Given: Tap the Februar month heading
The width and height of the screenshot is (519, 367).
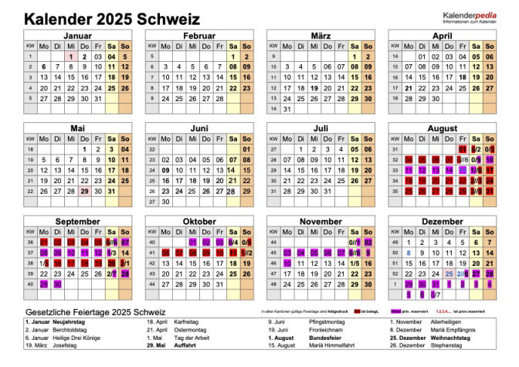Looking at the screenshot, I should (198, 36).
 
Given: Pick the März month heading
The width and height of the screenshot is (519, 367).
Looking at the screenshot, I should (321, 36).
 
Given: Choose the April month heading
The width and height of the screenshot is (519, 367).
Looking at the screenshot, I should (442, 36).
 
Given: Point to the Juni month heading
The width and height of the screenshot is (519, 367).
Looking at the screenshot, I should (198, 127).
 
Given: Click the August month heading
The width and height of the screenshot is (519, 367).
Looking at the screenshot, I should (442, 127).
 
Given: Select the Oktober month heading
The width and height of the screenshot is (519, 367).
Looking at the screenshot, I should (198, 221).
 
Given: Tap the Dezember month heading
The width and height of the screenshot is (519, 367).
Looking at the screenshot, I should (442, 221).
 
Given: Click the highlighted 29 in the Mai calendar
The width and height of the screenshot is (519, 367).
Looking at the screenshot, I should (84, 191).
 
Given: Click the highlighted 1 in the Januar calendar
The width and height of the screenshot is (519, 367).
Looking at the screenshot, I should (70, 56).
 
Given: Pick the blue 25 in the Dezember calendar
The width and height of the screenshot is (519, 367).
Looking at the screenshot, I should (450, 274).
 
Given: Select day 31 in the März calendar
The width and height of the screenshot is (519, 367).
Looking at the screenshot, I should (287, 109).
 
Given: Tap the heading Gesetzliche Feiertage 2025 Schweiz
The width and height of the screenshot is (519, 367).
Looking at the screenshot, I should (85, 311).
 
